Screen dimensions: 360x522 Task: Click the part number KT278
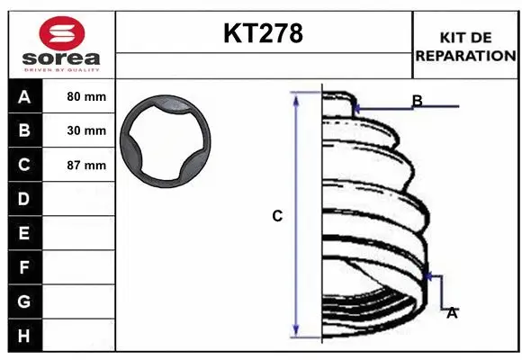[263, 34]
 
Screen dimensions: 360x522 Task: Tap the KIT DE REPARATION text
[465, 46]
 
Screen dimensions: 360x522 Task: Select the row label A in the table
[23, 96]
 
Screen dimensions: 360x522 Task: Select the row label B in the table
[23, 130]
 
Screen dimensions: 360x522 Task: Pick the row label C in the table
[23, 165]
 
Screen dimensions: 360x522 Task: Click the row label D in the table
[23, 199]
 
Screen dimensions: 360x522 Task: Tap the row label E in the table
[23, 233]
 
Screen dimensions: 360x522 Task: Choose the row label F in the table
[23, 267]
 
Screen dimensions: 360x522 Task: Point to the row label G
[23, 301]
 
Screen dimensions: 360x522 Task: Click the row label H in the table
[23, 336]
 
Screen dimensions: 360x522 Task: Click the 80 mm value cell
[86, 96]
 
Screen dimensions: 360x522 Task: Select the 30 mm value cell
[86, 130]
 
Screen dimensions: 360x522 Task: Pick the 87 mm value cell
[86, 165]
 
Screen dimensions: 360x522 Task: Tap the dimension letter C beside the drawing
[277, 216]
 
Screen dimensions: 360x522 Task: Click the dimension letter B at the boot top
[417, 100]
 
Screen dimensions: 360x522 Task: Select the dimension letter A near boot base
[452, 312]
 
